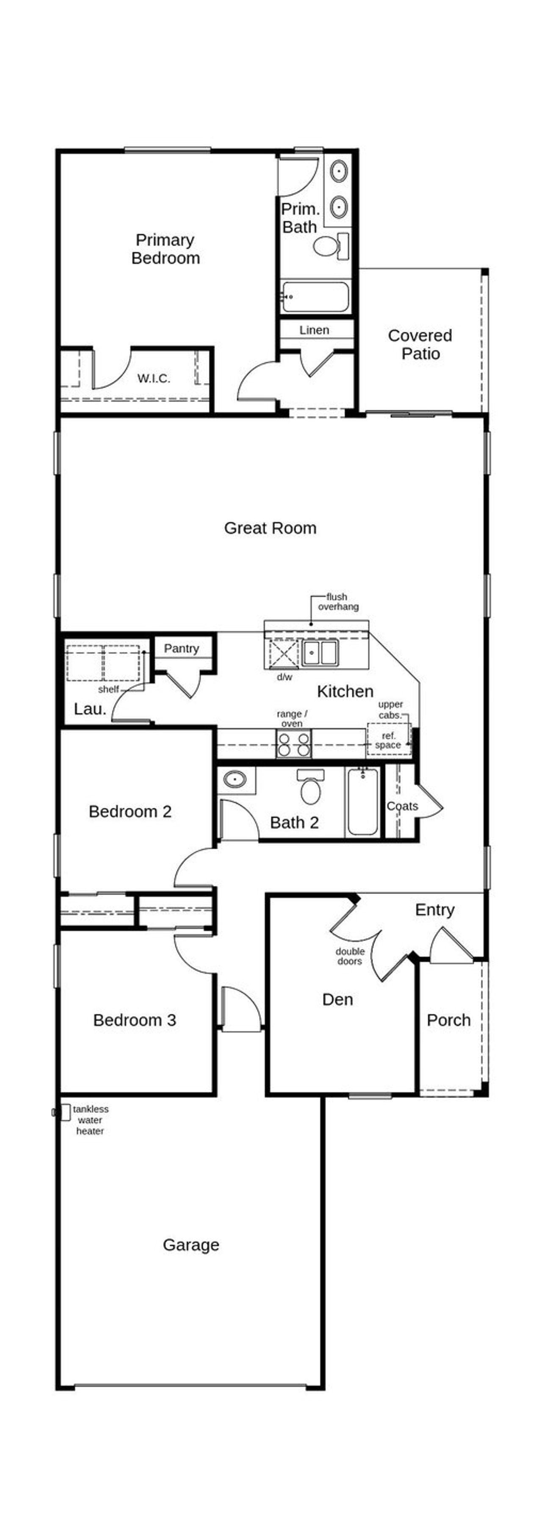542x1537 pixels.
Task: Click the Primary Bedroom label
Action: pos(165,249)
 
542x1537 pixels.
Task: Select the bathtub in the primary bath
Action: pos(315,297)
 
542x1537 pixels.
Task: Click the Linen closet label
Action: pos(314,330)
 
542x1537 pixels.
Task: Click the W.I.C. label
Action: pos(153,378)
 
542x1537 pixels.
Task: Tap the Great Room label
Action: pos(270,527)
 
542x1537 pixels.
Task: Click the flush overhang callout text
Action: pos(338,602)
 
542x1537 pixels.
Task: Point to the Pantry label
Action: pos(181,649)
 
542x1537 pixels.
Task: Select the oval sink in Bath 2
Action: pos(235,779)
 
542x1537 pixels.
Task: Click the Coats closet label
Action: pos(402,806)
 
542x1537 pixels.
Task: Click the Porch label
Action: pos(448,1020)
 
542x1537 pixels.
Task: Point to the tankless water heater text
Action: pos(91,1120)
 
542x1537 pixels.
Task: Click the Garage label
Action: pos(191,1245)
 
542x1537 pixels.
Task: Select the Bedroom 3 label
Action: pos(134,1020)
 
